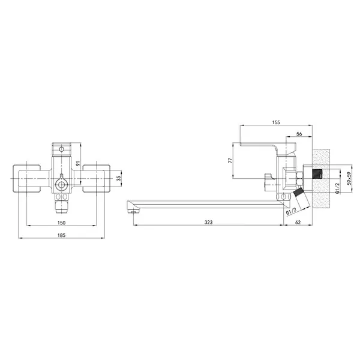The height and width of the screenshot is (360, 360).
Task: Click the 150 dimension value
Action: pyautogui.click(x=61, y=223)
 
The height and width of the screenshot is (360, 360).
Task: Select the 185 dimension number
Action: pyautogui.click(x=61, y=235)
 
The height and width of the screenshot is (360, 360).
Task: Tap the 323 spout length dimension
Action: pyautogui.click(x=208, y=222)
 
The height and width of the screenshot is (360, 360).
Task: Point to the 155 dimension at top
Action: pyautogui.click(x=276, y=122)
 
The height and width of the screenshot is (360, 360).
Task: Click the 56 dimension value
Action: pyautogui.click(x=299, y=134)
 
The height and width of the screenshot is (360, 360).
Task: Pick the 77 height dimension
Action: pyautogui.click(x=230, y=160)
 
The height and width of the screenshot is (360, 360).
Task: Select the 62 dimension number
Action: pyautogui.click(x=298, y=222)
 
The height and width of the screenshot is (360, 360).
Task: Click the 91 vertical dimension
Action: pyautogui.click(x=78, y=163)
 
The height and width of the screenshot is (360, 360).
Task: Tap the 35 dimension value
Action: pyautogui.click(x=118, y=178)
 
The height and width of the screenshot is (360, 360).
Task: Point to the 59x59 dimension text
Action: pyautogui.click(x=349, y=178)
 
